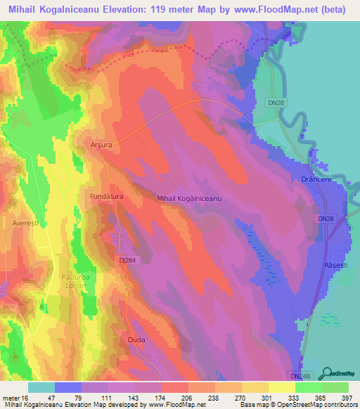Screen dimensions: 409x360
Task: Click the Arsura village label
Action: tap(101, 144)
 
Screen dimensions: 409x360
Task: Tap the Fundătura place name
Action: tap(106, 197)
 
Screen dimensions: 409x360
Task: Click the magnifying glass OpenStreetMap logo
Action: tap(328, 374)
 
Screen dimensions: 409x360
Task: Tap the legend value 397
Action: tap(347, 397)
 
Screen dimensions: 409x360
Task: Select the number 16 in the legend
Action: tap(30, 397)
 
